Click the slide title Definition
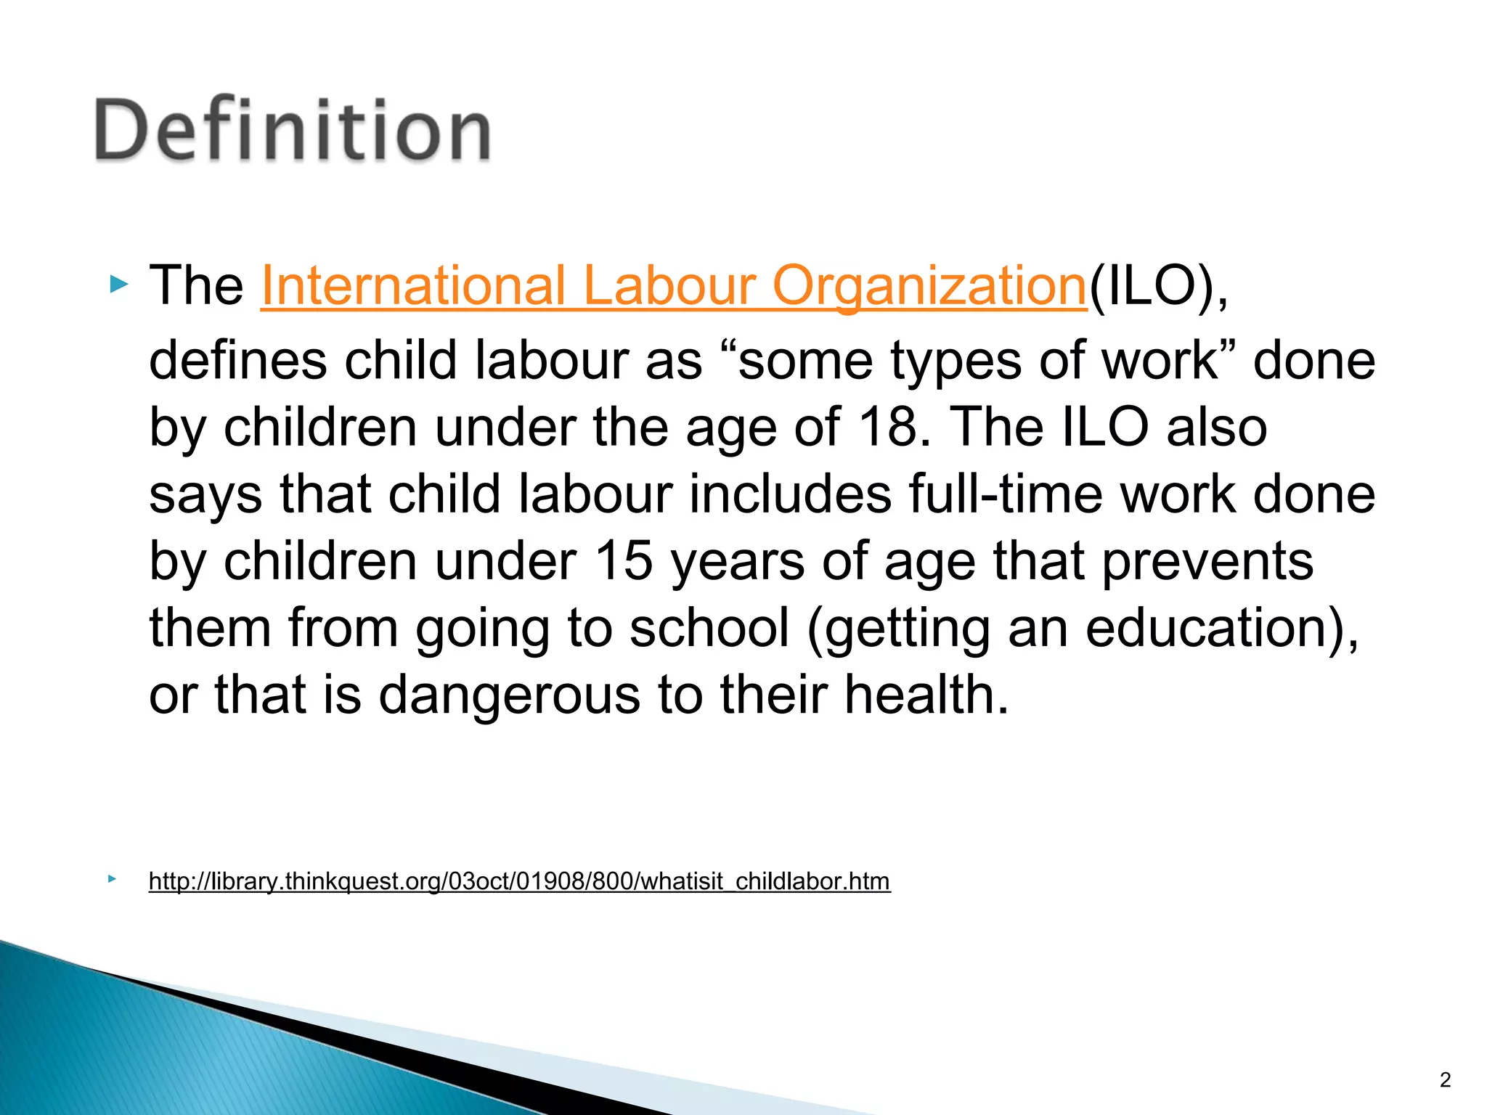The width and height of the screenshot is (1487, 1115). click(293, 131)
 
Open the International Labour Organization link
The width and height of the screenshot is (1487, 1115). click(673, 285)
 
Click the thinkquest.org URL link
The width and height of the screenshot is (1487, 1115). click(519, 881)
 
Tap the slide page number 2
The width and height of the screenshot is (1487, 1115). click(1445, 1080)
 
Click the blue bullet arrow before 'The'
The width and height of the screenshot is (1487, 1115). click(118, 284)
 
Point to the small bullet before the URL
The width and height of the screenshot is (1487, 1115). click(111, 879)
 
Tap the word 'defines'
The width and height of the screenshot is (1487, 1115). click(237, 360)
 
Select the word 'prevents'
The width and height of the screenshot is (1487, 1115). click(1207, 560)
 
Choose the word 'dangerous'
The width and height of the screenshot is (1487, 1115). click(509, 695)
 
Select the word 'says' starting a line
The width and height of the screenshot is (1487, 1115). click(205, 495)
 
